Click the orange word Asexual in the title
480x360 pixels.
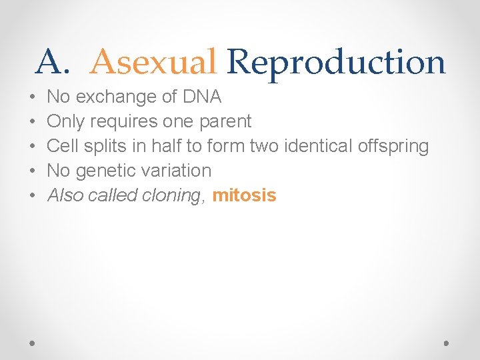[153, 63]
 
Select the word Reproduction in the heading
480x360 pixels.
[335, 63]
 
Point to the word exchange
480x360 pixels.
[114, 97]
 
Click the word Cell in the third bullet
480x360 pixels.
[63, 146]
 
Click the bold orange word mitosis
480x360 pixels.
[244, 195]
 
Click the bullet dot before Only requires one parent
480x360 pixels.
[33, 122]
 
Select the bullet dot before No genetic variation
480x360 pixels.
[33, 171]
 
